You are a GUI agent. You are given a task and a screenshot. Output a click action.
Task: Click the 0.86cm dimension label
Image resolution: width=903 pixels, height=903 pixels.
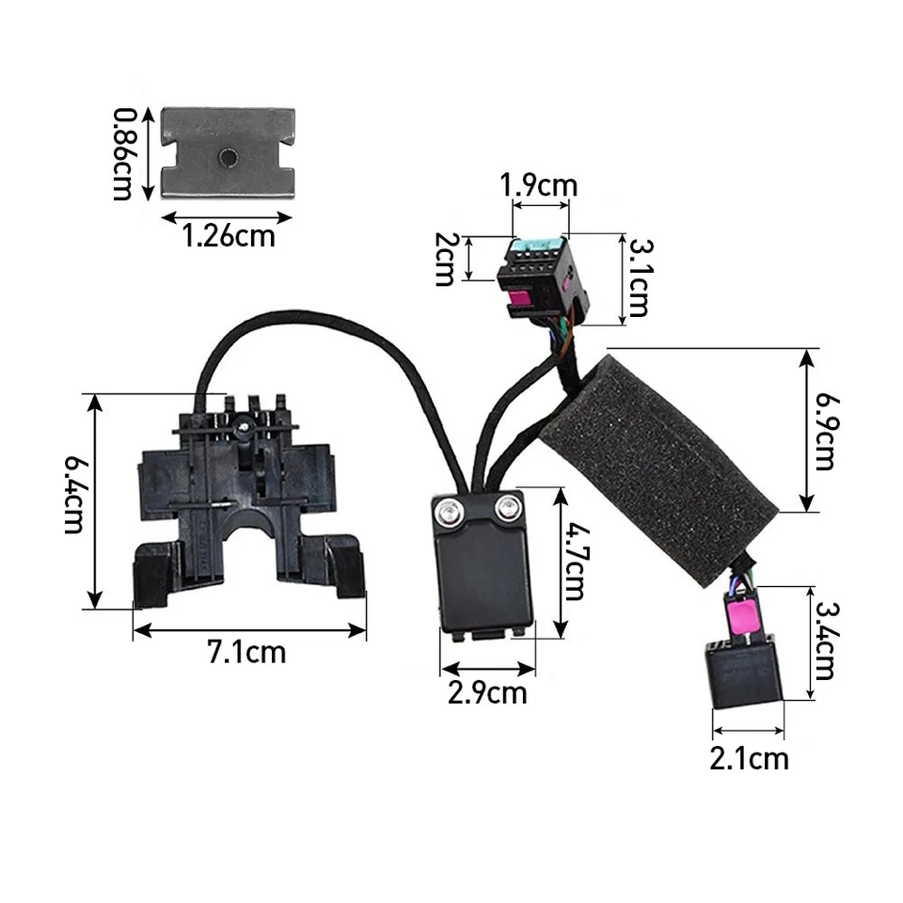122,153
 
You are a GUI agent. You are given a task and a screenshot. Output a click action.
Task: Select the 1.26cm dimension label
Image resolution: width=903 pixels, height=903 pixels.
229,236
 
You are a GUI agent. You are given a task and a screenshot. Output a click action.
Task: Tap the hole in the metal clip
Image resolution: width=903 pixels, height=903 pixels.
228,157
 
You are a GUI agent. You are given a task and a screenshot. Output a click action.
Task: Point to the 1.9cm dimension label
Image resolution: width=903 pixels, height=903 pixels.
538,185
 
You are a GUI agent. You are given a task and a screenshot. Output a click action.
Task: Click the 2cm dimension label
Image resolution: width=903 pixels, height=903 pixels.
445,260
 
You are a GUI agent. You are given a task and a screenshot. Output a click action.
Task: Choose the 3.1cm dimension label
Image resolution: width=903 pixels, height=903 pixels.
640,277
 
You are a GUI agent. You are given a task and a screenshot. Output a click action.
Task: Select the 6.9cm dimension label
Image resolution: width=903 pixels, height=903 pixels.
827,432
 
